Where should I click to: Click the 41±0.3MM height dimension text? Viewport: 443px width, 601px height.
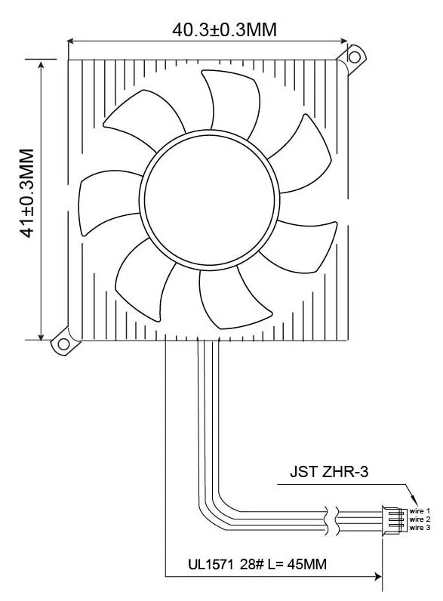click(27, 193)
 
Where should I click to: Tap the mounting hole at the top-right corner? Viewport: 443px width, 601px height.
click(353, 55)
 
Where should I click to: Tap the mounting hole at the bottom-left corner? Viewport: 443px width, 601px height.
click(63, 344)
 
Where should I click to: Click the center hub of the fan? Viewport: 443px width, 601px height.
click(206, 199)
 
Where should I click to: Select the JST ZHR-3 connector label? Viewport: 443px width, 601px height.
click(330, 473)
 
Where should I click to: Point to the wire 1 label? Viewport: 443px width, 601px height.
click(420, 512)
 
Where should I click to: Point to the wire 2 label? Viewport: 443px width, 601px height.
click(420, 519)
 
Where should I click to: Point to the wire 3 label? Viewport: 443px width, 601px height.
click(420, 528)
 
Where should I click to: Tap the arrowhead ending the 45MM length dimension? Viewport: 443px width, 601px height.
click(377, 577)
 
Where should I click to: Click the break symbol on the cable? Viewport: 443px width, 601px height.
click(327, 519)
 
